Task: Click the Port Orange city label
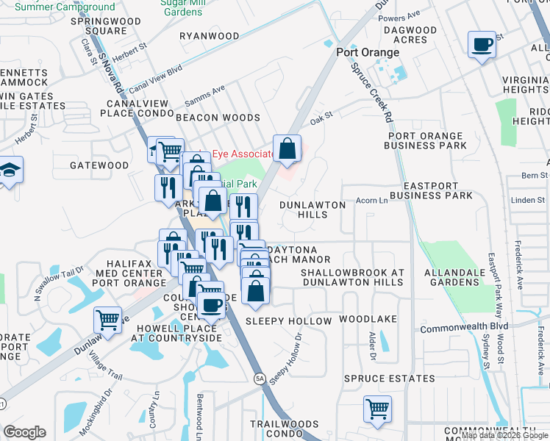click(368, 53)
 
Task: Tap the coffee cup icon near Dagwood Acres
click(482, 46)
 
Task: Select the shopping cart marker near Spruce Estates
click(377, 409)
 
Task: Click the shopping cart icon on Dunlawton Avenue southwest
click(108, 320)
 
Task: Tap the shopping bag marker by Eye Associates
click(287, 148)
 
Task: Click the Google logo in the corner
click(24, 432)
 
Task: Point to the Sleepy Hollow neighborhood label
click(289, 321)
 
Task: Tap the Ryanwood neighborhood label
click(210, 36)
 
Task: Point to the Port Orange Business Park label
click(426, 140)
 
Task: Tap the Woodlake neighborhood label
click(368, 320)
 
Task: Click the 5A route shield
click(260, 378)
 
